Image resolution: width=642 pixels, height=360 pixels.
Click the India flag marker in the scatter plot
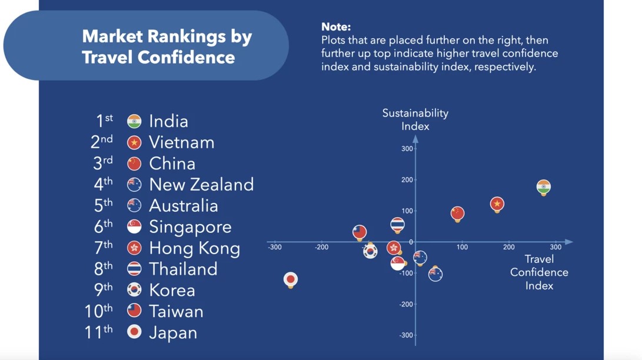point(543,188)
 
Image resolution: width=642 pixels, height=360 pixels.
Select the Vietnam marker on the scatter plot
point(497,204)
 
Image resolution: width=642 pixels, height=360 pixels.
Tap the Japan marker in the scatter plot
point(291,280)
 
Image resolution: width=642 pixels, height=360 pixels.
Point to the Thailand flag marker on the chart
point(397,225)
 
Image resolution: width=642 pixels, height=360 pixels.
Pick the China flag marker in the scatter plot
point(457,214)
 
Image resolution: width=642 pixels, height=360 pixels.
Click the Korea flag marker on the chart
point(370,251)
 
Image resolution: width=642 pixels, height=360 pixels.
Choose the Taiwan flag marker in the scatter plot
point(360,232)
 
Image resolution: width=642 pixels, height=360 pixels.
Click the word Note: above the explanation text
point(336,26)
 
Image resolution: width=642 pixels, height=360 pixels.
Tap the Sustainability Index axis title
point(415,119)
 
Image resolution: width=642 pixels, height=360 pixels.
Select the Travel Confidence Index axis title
point(539,272)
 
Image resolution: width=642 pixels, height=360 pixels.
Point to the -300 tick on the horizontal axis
point(275,247)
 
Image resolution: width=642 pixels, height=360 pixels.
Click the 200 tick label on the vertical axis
point(407,179)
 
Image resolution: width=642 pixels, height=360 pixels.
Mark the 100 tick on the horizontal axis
point(463,247)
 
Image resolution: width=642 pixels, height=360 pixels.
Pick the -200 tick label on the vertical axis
point(406,304)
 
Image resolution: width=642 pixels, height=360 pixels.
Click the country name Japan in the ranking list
point(173,332)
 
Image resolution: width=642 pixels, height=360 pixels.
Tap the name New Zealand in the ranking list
point(201,185)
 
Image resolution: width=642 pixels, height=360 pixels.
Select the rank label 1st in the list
point(104,121)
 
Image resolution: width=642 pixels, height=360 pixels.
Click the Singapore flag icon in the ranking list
point(134,226)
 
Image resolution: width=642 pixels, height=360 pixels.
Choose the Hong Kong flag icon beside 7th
point(134,248)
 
